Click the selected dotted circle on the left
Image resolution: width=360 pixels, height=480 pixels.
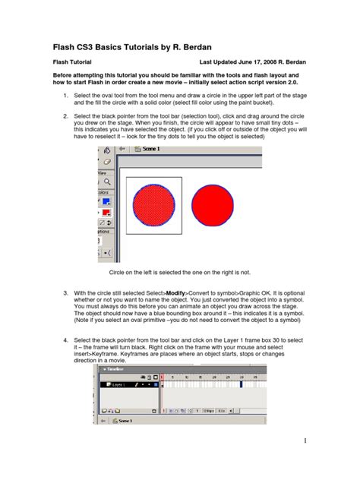154,205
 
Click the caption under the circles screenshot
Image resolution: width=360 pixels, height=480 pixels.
179,271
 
